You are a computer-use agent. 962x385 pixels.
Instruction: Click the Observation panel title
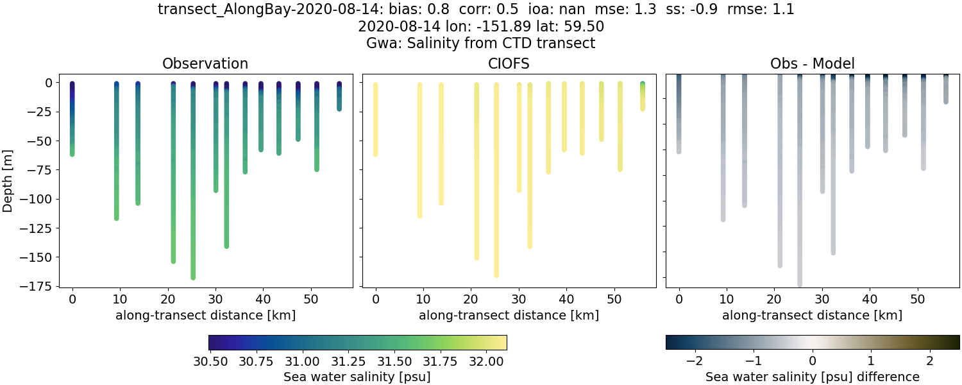[205, 64]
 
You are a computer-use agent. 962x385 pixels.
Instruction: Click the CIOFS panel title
[509, 64]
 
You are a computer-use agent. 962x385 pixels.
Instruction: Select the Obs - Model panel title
[812, 64]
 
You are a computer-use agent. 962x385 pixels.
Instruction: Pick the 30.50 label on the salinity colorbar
[211, 361]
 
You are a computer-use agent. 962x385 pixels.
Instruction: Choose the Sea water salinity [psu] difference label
[812, 377]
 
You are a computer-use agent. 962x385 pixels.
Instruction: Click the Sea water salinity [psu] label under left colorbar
[357, 377]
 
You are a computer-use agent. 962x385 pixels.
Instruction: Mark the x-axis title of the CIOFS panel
[509, 315]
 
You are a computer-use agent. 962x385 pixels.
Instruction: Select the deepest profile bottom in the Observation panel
[193, 277]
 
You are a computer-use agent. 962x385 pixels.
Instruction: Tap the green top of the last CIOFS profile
[642, 85]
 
